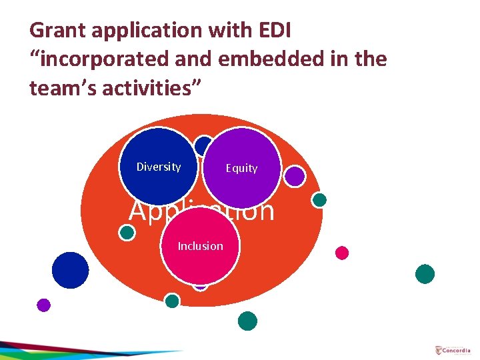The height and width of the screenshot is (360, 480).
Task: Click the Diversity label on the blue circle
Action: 158,167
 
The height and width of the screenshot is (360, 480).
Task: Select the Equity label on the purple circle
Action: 241,168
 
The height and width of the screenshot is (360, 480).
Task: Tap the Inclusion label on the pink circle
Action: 200,246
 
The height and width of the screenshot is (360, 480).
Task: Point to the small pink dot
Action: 342,253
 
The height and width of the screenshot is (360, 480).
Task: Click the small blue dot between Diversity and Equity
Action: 203,145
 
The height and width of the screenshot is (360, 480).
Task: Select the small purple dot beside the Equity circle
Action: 295,175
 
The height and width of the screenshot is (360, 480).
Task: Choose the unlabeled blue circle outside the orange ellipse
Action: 70,270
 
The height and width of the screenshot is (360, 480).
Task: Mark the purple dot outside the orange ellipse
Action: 43,305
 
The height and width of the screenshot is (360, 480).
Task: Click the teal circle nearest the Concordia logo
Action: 425,274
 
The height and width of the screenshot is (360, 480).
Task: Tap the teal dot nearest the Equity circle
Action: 319,199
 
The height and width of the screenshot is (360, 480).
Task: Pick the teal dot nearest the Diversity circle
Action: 127,232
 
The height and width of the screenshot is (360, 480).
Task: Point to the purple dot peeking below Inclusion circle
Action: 200,285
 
